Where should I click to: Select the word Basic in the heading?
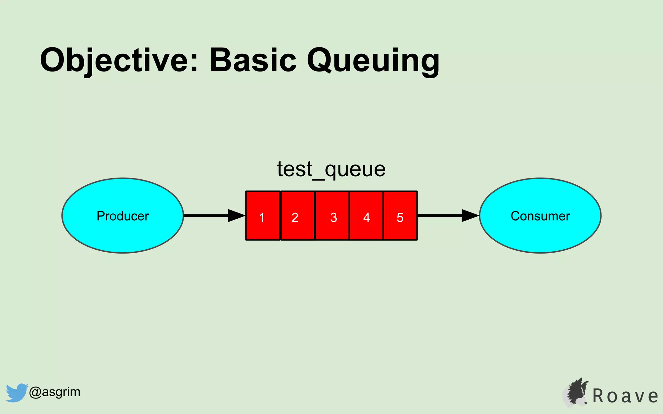tap(253, 60)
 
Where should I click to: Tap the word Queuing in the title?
tap(373, 60)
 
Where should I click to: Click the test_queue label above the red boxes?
tap(331, 169)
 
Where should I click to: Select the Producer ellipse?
tap(123, 215)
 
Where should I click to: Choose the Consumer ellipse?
tap(540, 215)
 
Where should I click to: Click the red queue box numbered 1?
tap(263, 216)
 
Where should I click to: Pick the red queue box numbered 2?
tap(298, 216)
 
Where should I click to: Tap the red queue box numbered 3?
tap(332, 216)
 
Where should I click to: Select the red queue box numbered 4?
tap(366, 216)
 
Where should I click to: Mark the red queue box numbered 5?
tap(400, 216)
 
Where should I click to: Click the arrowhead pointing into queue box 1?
tap(236, 215)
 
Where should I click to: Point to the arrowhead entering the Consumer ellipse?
tap(470, 215)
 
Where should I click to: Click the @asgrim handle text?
tap(54, 392)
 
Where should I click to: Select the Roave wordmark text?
tap(625, 396)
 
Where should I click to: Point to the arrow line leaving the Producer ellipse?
tap(206, 215)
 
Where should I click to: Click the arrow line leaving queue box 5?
tap(439, 215)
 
